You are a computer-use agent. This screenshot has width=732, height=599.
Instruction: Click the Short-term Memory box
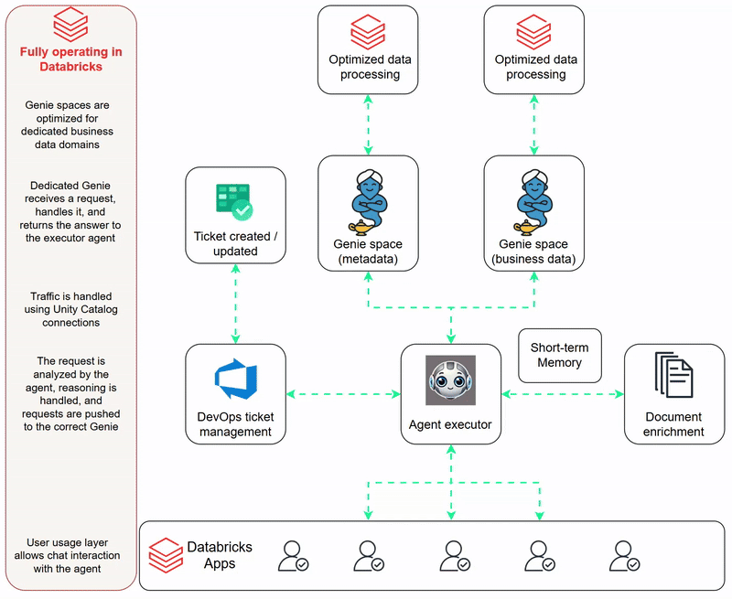(x=559, y=356)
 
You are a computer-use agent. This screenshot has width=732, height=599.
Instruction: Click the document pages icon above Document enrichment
(x=673, y=375)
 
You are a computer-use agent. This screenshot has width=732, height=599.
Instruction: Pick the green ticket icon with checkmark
(x=234, y=201)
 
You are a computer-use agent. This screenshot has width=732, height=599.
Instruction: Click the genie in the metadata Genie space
(x=368, y=201)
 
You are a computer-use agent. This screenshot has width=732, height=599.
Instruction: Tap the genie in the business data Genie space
(x=534, y=201)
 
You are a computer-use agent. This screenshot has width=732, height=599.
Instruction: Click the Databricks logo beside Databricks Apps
(x=166, y=554)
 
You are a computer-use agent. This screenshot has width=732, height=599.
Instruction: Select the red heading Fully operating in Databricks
(x=70, y=59)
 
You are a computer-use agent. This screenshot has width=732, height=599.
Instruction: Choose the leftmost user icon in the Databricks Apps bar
(x=294, y=555)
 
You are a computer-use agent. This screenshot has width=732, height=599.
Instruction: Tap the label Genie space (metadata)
(x=368, y=251)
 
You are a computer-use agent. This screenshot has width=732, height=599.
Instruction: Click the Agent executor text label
(x=450, y=424)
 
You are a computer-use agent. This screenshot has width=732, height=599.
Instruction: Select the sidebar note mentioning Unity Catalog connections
(x=70, y=309)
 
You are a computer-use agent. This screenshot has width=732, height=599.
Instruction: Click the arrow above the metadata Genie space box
(x=368, y=124)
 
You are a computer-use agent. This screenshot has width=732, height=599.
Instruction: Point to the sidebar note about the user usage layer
(x=70, y=556)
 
